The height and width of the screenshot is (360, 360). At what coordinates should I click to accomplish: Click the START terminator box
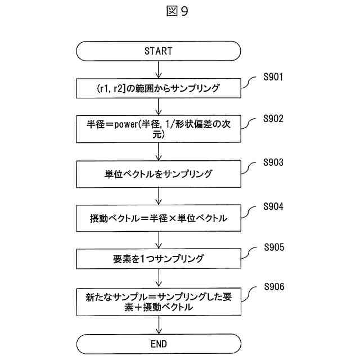pyautogui.click(x=158, y=51)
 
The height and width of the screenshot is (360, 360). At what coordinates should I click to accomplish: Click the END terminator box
pyautogui.click(x=158, y=343)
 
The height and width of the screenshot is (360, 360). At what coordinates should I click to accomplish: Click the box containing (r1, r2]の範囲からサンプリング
pyautogui.click(x=158, y=88)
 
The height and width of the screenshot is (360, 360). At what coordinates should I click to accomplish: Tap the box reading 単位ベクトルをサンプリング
pyautogui.click(x=158, y=174)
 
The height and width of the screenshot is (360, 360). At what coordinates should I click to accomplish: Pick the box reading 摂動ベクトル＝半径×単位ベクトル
pyautogui.click(x=158, y=218)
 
